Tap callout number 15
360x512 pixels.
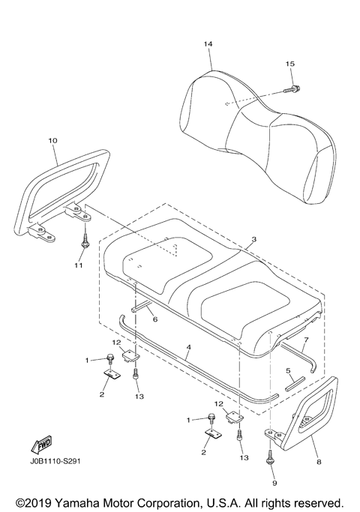click(x=290, y=64)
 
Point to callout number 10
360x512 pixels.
click(x=52, y=140)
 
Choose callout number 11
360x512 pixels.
click(x=83, y=265)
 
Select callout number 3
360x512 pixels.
click(x=254, y=239)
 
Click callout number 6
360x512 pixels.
click(x=155, y=319)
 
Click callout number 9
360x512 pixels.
click(x=271, y=473)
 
